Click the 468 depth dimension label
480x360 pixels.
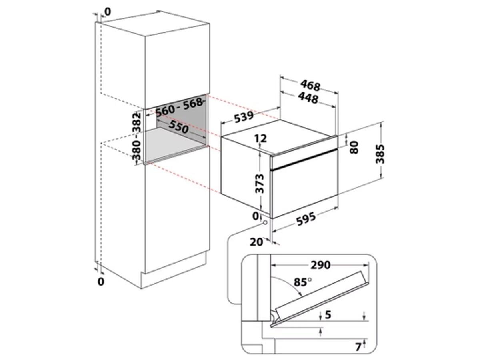310,86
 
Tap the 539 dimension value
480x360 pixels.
244,117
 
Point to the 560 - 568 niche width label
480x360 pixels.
179,107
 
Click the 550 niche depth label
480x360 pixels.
179,126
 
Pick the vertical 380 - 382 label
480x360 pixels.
137,136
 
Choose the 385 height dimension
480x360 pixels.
380,154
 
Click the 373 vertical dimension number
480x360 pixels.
260,184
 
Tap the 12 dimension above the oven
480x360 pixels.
261,138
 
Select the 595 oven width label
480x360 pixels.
306,218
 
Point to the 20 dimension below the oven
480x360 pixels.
256,242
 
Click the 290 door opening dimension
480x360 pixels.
320,265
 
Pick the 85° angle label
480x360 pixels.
303,282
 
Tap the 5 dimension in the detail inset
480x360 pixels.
328,315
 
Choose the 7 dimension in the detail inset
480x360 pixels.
358,347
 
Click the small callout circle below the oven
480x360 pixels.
265,223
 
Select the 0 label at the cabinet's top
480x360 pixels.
108,12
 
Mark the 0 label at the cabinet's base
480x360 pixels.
101,282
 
